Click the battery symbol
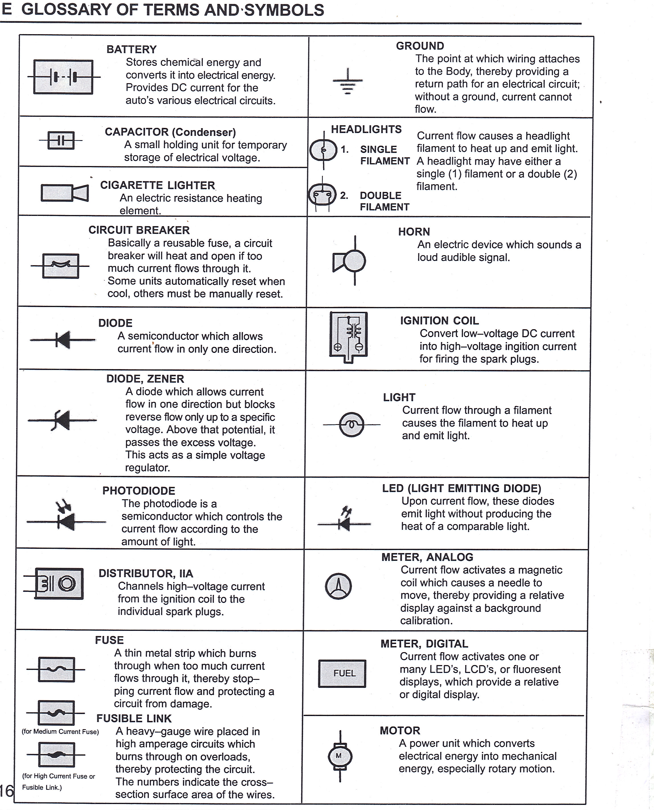(63, 77)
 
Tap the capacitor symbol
(61, 140)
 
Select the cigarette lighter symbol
(64, 193)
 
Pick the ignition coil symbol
(348, 336)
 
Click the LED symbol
(344, 520)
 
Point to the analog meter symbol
(338, 586)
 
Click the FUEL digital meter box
(342, 673)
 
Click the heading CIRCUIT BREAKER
(139, 230)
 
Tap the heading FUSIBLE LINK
(134, 719)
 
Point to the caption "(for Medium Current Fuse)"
(60, 732)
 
